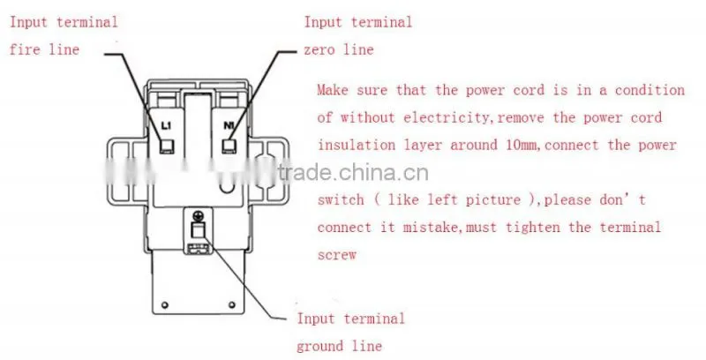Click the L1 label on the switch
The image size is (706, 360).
click(166, 126)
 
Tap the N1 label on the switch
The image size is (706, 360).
click(229, 125)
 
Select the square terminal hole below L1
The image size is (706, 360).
click(167, 146)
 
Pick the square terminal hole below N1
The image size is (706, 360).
click(229, 146)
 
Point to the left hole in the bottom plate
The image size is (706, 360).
click(165, 305)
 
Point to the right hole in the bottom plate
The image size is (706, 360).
click(231, 305)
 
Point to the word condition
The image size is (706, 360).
click(650, 90)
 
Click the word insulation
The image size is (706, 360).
click(357, 145)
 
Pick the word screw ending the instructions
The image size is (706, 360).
click(337, 255)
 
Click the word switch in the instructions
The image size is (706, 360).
click(341, 199)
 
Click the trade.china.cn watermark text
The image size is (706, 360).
click(352, 173)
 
